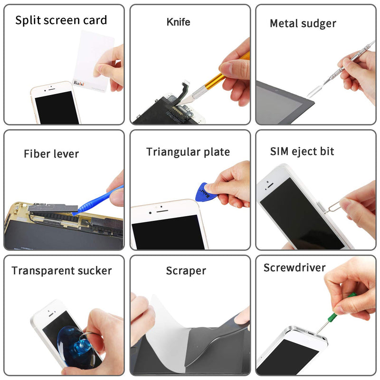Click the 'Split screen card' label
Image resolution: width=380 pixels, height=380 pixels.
point(61,20)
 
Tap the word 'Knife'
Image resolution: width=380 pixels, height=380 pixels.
point(179,22)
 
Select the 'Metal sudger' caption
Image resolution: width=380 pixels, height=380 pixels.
point(303,24)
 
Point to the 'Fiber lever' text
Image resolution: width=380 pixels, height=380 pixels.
point(51,154)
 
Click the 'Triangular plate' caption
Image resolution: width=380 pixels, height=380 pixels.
point(188,152)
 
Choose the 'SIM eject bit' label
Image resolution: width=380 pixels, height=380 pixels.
point(302,152)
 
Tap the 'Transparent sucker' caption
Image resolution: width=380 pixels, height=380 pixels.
point(62,271)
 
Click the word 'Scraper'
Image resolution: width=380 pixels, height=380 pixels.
point(186,271)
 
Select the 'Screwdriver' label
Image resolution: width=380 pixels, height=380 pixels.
point(294,267)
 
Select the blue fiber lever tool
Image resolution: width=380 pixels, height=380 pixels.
point(97,200)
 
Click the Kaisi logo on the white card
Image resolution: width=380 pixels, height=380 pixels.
point(79,84)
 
